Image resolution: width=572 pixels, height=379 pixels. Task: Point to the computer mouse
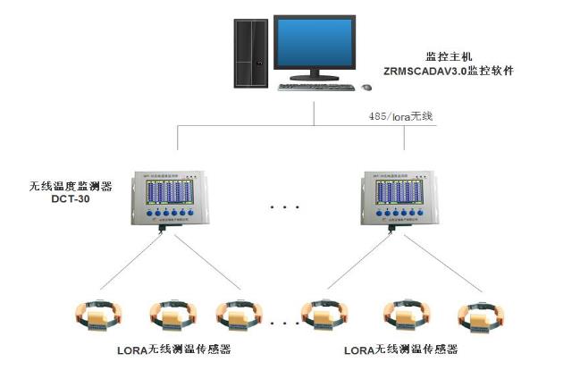point(366,87)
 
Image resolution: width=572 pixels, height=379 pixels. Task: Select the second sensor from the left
point(170,314)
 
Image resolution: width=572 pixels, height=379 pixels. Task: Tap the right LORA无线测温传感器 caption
point(400,349)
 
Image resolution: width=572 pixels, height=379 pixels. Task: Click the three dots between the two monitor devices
point(283,207)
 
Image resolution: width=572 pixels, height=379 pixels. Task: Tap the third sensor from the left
point(239,314)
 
